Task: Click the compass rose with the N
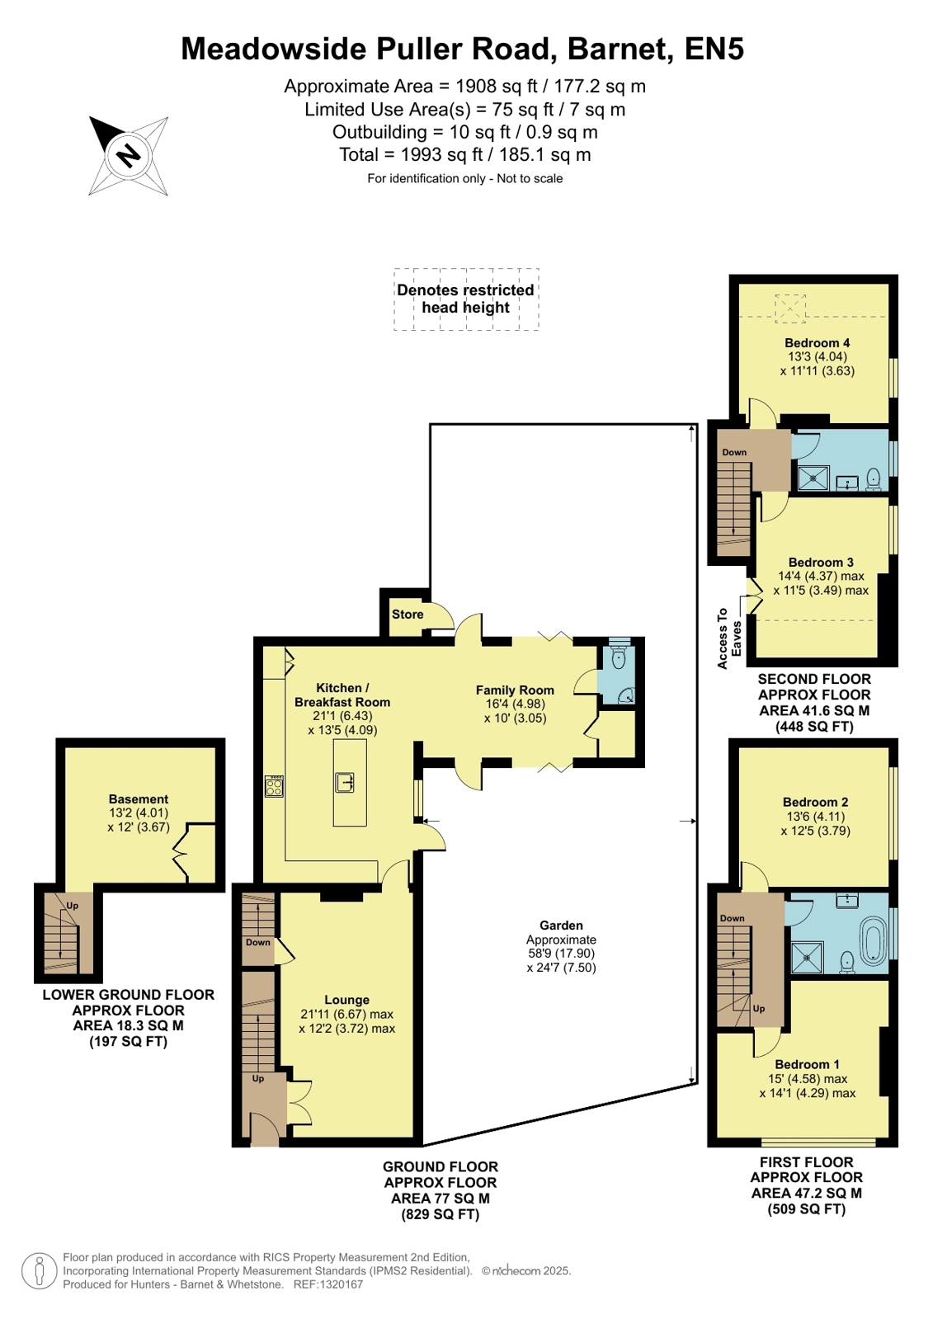tap(129, 156)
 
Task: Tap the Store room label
tap(408, 615)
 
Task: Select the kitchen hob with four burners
tap(275, 785)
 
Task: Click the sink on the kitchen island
tap(345, 783)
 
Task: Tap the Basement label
tap(139, 799)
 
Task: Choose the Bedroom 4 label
tap(817, 342)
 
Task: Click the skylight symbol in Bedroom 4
tap(789, 308)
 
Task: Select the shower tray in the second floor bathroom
tap(813, 478)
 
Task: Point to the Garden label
tap(561, 925)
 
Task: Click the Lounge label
tap(347, 1000)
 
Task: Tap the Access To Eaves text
tap(729, 639)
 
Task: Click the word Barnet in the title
tap(621, 49)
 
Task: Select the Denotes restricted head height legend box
tap(466, 299)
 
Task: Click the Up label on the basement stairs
tap(72, 906)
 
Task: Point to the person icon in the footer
tap(40, 1270)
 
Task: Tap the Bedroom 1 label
tap(807, 1065)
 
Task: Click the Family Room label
tap(515, 690)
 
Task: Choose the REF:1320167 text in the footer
tap(328, 1285)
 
